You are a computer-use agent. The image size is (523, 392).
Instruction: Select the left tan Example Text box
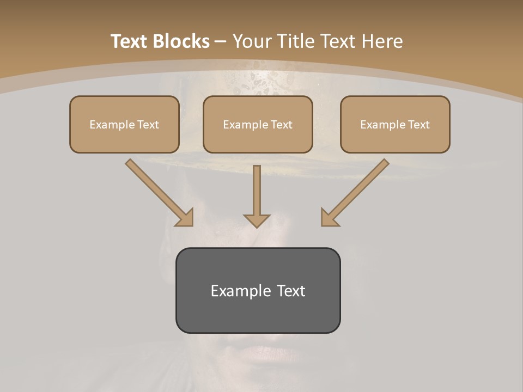[124, 124]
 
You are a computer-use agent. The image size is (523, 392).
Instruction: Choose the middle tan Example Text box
[258, 124]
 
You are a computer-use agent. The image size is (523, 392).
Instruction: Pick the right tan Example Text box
[395, 124]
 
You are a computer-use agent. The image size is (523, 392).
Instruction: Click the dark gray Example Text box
[258, 290]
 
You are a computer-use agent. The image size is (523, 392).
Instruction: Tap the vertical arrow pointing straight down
[257, 193]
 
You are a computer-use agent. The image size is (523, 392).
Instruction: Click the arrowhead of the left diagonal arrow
[185, 218]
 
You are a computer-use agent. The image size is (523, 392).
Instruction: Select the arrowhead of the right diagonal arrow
[329, 218]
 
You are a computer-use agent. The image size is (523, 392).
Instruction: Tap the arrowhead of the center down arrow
[257, 220]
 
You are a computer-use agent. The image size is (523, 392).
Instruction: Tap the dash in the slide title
[221, 42]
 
